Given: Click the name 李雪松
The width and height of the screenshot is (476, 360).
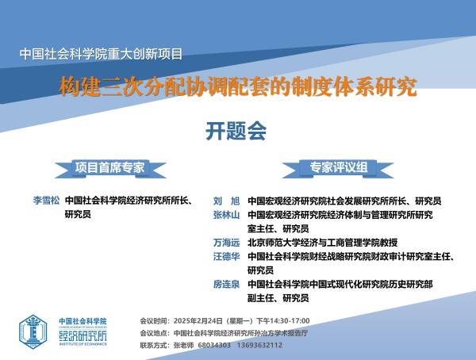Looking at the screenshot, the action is point(47,201).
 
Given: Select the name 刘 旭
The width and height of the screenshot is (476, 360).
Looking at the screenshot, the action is point(226,201).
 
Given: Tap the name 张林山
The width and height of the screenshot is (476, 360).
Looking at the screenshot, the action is point(226,215).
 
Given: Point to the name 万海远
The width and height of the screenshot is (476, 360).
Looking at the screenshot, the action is point(226,243).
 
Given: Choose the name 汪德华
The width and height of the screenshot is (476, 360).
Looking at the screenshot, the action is point(226,256).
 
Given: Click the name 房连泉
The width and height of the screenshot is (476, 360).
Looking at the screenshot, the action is point(226,284).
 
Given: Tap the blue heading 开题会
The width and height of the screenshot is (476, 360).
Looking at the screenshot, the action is point(236,131).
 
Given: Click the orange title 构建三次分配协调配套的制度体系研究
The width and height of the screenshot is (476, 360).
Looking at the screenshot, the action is point(238,86).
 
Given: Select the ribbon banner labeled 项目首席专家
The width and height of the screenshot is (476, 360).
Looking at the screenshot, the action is point(110,168).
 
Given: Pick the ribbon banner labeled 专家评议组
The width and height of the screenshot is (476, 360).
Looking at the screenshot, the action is point(338,168).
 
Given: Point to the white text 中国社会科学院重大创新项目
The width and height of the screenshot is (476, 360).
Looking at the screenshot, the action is point(101,54).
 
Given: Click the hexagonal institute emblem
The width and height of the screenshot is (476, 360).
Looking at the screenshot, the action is point(33,331).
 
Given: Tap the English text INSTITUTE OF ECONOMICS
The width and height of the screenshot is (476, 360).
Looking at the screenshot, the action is point(83,344).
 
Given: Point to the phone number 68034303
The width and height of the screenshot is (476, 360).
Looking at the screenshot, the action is point(214,345).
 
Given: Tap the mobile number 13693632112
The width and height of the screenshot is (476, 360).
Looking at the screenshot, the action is point(260,345).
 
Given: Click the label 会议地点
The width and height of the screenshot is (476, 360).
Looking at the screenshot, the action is point(153,333).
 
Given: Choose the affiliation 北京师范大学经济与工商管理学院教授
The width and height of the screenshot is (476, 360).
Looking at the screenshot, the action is point(322,243).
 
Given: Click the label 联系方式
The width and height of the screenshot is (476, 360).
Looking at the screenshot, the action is point(153,345).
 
